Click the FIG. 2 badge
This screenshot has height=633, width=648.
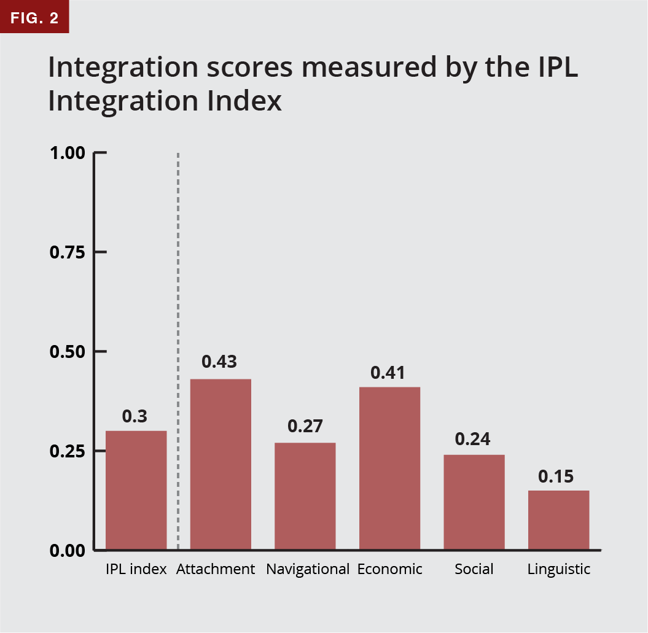click(34, 17)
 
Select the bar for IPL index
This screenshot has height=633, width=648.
click(136, 490)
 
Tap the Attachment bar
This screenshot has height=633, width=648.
click(221, 464)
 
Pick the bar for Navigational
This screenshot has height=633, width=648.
click(305, 496)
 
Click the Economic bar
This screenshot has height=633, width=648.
click(389, 468)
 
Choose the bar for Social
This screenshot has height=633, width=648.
click(474, 502)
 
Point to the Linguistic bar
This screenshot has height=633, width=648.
click(558, 520)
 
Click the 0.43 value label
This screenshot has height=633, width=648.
click(219, 362)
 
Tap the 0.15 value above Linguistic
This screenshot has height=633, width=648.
click(556, 476)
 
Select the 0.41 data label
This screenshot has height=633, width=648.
click(388, 373)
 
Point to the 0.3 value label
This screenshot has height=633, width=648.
click(135, 416)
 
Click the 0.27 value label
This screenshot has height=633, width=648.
click(305, 426)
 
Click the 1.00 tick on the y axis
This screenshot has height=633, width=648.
click(67, 153)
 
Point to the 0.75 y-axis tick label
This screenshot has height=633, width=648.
click(67, 252)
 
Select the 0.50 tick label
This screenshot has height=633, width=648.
click(67, 352)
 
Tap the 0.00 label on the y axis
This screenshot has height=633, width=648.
click(67, 550)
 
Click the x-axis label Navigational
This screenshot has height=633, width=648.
click(308, 569)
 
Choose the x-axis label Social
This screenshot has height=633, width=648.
click(474, 569)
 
